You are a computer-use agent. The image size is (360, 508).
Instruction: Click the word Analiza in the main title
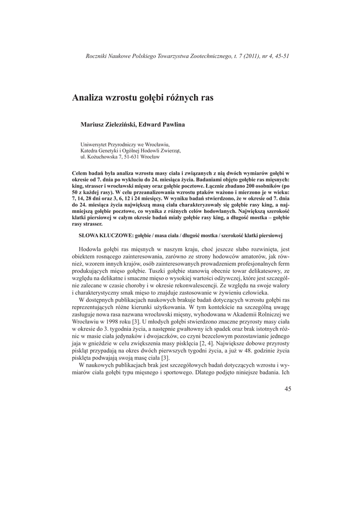(87, 98)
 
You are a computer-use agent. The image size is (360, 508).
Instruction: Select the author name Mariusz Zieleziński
(108, 125)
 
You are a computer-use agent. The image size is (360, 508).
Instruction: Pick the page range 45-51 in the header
(281, 56)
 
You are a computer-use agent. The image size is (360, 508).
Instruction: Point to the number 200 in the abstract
(267, 185)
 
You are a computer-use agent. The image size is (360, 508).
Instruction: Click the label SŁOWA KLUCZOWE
(103, 235)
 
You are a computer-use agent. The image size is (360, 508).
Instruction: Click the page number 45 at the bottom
(288, 389)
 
